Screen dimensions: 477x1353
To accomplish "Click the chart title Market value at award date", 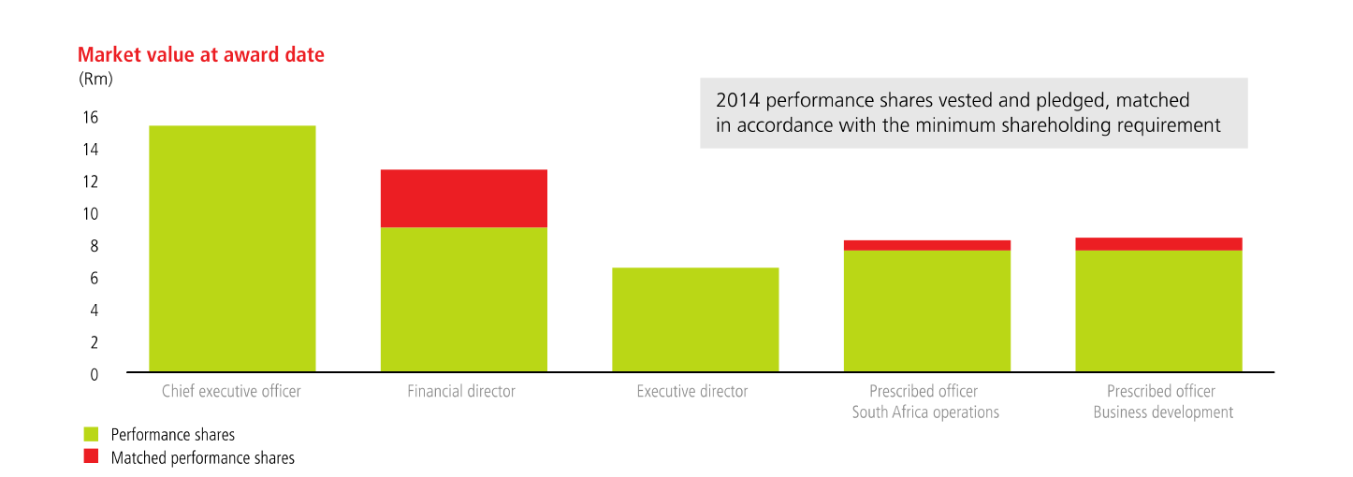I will pyautogui.click(x=201, y=55).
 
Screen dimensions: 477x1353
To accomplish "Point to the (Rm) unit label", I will pyautogui.click(x=96, y=79).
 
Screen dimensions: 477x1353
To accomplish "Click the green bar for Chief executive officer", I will pyautogui.click(x=232, y=249).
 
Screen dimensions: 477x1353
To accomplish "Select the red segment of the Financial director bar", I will pyautogui.click(x=463, y=198).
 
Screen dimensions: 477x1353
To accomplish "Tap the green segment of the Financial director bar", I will pyautogui.click(x=463, y=299).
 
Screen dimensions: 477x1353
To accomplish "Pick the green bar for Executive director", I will pyautogui.click(x=695, y=320).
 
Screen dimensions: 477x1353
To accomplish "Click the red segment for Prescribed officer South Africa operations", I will pyautogui.click(x=926, y=245).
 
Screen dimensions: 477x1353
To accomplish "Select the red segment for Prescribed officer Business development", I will pyautogui.click(x=1158, y=244).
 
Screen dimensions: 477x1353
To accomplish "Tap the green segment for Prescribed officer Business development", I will pyautogui.click(x=1158, y=311).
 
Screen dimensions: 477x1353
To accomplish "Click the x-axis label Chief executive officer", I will pyautogui.click(x=231, y=392).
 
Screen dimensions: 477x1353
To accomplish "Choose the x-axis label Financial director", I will pyautogui.click(x=461, y=392).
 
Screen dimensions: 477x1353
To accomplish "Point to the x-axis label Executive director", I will pyautogui.click(x=692, y=392).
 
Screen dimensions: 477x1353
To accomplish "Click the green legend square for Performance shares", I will pyautogui.click(x=91, y=434).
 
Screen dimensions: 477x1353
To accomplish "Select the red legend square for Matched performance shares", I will pyautogui.click(x=91, y=457).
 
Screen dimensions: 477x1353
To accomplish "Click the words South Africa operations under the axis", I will pyautogui.click(x=925, y=412).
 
